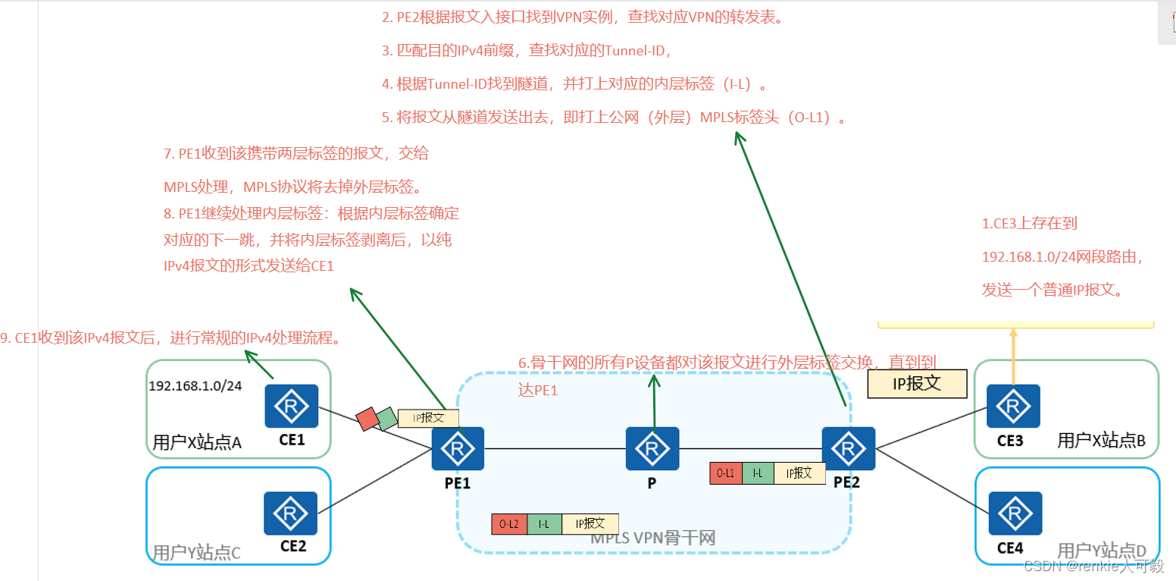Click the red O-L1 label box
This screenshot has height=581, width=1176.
(726, 473)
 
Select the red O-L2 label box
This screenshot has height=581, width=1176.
(508, 524)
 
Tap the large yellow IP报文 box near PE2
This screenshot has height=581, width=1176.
(917, 384)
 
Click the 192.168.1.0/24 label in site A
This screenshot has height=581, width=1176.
(195, 385)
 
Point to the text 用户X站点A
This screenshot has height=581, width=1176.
(196, 442)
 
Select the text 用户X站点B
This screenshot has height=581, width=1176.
(1100, 441)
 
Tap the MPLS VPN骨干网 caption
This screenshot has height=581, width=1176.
(653, 538)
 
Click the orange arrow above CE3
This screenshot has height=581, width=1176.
(1013, 356)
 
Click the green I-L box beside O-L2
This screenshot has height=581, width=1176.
(544, 524)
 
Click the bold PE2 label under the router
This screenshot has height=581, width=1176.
(848, 482)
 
